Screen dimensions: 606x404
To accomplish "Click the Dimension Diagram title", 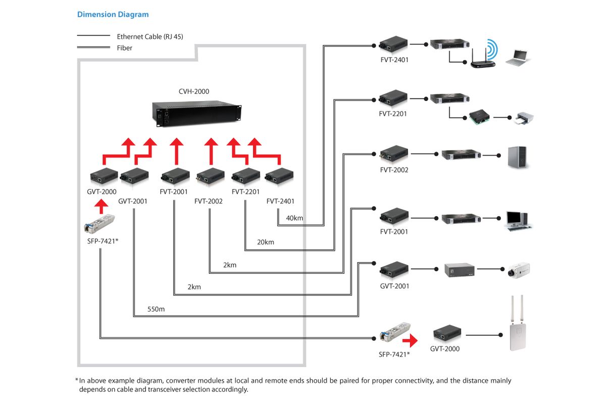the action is (113, 14).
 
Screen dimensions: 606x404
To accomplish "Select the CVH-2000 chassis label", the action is (194, 91).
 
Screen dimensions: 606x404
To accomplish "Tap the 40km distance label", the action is (294, 218).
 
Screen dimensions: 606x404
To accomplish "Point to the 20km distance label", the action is (266, 242).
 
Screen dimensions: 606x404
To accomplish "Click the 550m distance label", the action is (156, 309).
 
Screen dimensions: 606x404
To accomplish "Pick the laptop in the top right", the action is (517, 58).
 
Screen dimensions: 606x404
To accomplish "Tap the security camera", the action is (519, 270).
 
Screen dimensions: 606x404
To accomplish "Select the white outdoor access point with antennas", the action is (518, 323).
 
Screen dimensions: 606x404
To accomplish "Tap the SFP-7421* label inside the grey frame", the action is (103, 241).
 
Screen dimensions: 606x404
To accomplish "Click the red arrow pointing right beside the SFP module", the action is (410, 340).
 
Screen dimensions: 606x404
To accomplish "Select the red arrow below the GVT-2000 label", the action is (101, 207).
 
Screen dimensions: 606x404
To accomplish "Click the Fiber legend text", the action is (124, 48).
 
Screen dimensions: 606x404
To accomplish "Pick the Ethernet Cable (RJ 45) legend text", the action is (150, 36).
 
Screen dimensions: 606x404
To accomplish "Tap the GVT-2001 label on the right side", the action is (394, 286).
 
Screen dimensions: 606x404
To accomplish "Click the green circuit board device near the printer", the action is (479, 117).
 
